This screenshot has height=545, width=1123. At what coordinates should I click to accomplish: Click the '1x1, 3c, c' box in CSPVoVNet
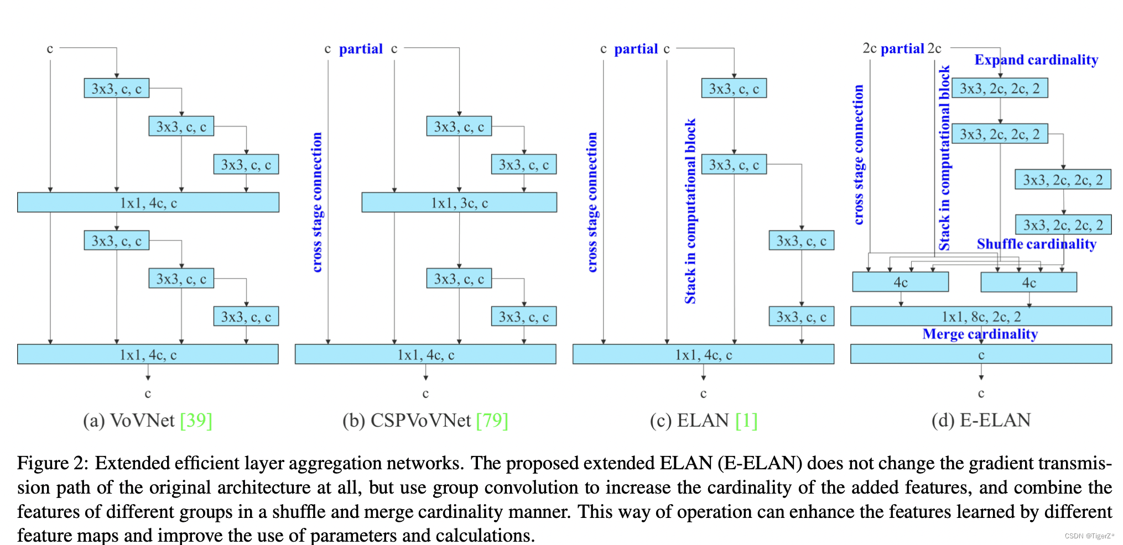459,203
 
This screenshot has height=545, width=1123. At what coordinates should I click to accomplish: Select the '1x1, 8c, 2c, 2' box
981,316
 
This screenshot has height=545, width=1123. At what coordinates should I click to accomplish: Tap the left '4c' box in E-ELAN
900,282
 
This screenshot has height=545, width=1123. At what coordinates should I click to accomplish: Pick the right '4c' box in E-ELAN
1028,282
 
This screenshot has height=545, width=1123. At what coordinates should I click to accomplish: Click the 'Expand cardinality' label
1036,60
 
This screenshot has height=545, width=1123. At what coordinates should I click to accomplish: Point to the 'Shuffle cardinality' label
1036,244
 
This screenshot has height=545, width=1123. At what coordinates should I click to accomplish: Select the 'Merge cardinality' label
980,334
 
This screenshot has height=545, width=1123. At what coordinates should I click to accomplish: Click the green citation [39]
196,420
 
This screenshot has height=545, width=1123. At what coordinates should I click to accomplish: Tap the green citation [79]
492,420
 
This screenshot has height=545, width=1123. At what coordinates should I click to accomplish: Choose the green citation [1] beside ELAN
746,420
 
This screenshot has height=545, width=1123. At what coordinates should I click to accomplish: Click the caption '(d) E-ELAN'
981,420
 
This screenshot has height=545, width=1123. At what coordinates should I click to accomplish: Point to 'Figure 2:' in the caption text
53,463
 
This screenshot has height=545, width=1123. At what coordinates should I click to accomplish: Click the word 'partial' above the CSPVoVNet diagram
361,49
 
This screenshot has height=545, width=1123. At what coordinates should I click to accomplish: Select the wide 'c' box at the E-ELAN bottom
981,354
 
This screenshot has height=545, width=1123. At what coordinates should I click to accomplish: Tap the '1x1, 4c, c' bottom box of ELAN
703,354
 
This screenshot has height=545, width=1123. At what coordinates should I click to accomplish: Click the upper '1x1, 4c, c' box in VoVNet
148,203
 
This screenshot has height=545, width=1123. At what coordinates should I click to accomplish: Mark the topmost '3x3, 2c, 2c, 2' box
1000,88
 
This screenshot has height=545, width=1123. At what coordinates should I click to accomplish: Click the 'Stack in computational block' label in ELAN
690,211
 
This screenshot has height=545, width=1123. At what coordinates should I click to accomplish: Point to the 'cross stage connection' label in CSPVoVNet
317,202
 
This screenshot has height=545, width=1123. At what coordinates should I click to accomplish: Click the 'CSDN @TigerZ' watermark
1089,536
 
